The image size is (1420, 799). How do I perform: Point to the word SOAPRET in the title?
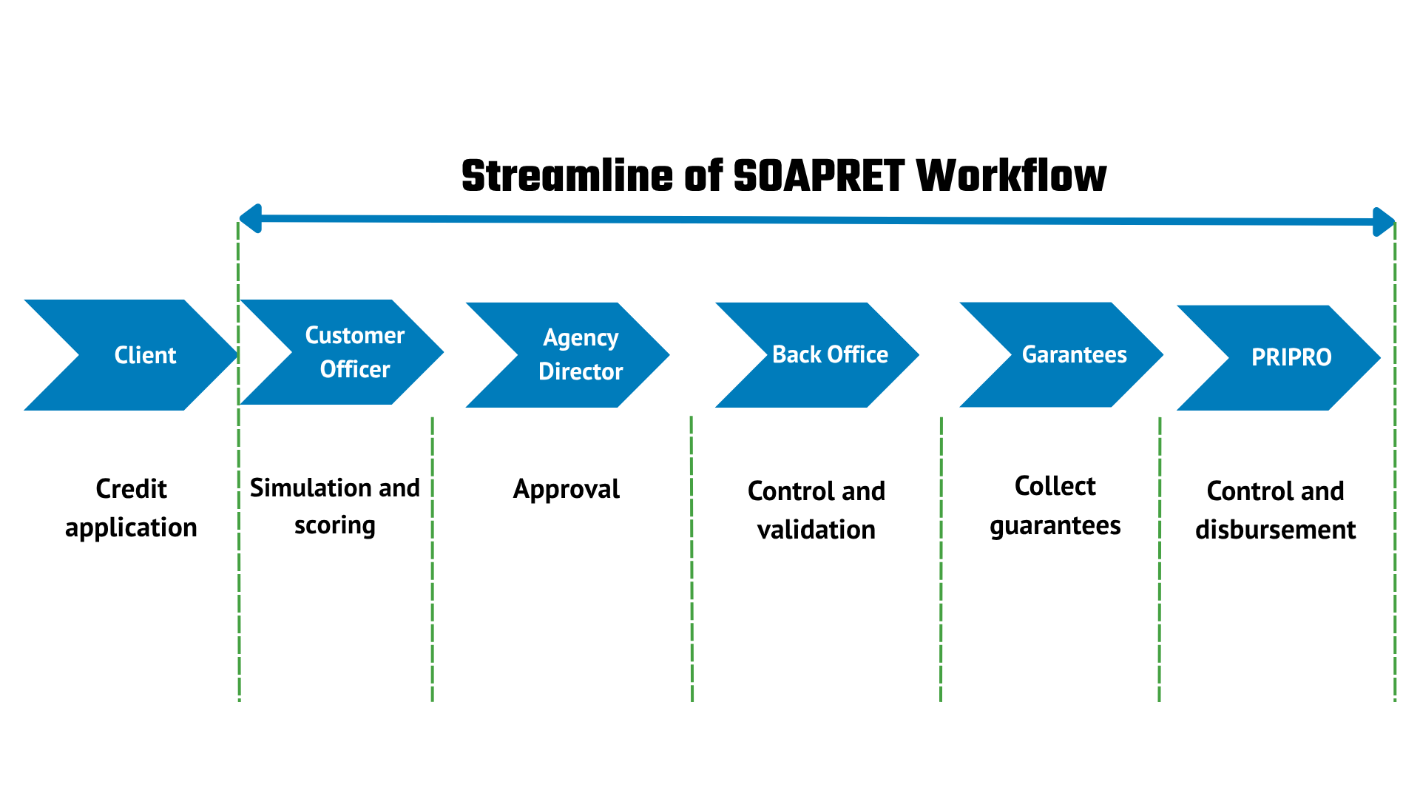(819, 176)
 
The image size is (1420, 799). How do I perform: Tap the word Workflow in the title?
(1012, 176)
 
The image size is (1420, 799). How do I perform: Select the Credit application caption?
(132, 508)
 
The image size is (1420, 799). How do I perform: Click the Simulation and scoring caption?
(335, 507)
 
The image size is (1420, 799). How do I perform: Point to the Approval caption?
(567, 490)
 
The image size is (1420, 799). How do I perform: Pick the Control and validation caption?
(816, 510)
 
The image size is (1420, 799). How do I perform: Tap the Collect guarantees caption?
(1055, 506)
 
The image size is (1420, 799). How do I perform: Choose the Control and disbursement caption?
(1276, 510)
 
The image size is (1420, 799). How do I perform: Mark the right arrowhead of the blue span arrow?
(1384, 222)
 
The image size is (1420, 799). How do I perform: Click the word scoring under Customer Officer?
(335, 526)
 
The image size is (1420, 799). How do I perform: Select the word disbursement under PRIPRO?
(1276, 530)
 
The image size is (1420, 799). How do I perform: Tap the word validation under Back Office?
(816, 530)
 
